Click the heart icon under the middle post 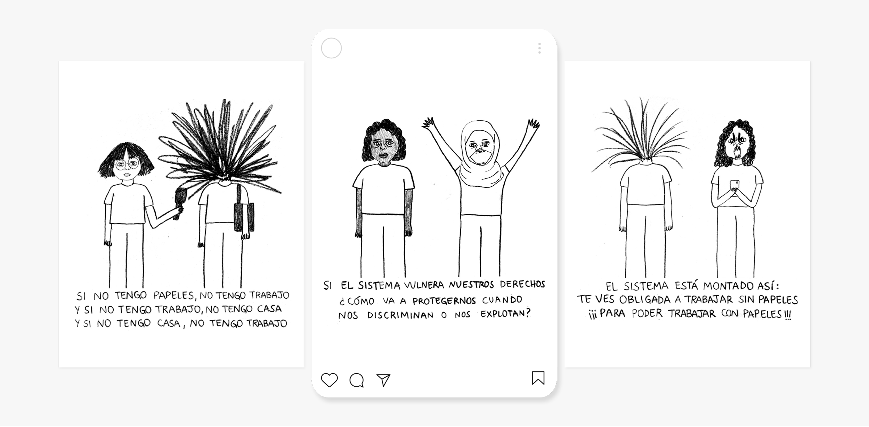pos(329,380)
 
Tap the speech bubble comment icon pos(357,380)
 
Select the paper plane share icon pos(383,380)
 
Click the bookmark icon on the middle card pos(538,378)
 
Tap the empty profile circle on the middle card pos(331,48)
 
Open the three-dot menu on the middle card pos(539,48)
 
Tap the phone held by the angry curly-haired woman pos(734,186)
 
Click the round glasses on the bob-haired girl pos(127,164)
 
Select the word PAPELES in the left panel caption pos(174,296)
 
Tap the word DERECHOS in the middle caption pos(522,284)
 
